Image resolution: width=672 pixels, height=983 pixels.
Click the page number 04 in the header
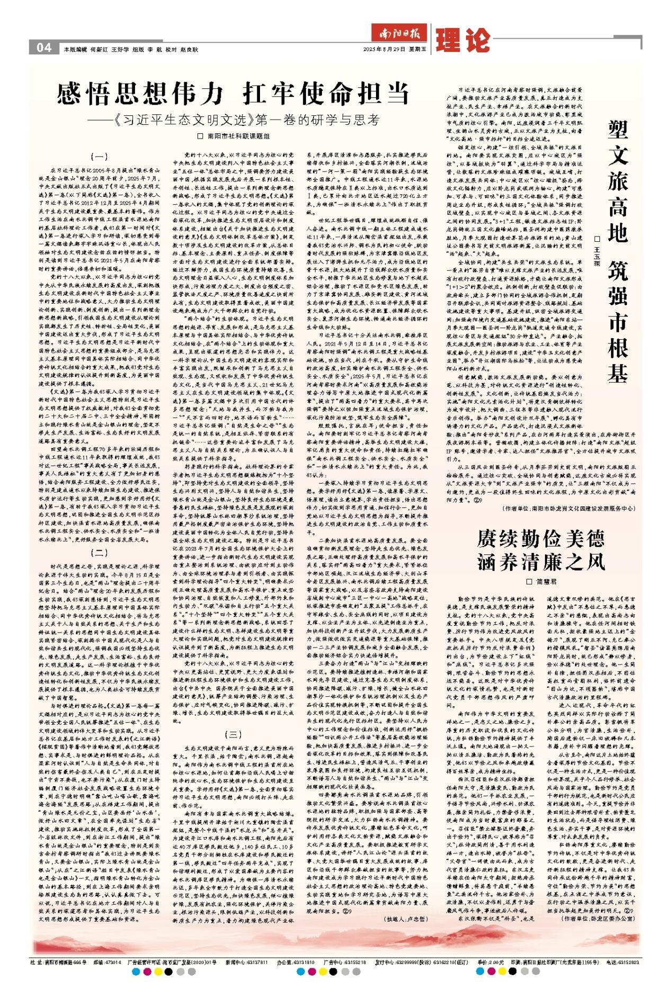click(43, 48)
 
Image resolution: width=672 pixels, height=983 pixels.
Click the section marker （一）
click(99, 157)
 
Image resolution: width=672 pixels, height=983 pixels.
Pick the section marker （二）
click(99, 553)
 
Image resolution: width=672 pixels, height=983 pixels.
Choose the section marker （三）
click(234, 734)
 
